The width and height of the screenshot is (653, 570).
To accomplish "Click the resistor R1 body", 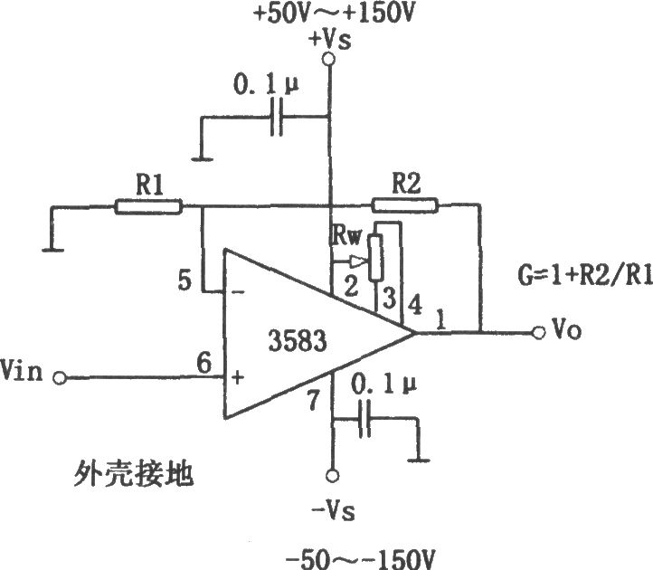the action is (148, 206).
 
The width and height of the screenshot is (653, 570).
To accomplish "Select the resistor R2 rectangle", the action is (405, 205).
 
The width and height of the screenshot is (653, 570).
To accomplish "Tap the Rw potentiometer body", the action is (376, 257).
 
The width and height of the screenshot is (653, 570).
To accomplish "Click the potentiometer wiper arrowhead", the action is (358, 261).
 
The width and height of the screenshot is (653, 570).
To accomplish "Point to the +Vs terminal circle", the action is (329, 60).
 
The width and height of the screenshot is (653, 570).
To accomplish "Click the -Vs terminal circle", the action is (332, 475).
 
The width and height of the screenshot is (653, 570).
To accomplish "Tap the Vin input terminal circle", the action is (60, 378).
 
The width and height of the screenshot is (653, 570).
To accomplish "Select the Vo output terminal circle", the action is (538, 333).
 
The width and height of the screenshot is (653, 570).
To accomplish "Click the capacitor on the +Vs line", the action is (277, 117).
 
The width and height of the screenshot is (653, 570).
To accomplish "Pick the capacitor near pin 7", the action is (364, 418).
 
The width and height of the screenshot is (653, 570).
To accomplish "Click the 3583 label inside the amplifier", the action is (298, 340).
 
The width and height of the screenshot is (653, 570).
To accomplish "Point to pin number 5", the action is (185, 280).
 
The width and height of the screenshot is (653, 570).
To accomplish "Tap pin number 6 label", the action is (204, 363).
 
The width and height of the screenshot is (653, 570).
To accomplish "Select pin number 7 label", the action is (314, 400).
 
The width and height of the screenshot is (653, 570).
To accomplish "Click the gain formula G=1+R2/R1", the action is (585, 275).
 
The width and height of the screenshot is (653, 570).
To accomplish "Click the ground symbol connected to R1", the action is (52, 250).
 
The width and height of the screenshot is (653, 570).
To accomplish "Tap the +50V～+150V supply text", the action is (333, 14).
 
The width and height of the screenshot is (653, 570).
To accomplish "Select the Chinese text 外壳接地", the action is (134, 474).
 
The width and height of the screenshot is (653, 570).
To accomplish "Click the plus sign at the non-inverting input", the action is (237, 378).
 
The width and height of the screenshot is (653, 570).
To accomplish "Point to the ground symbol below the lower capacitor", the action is (419, 461).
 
